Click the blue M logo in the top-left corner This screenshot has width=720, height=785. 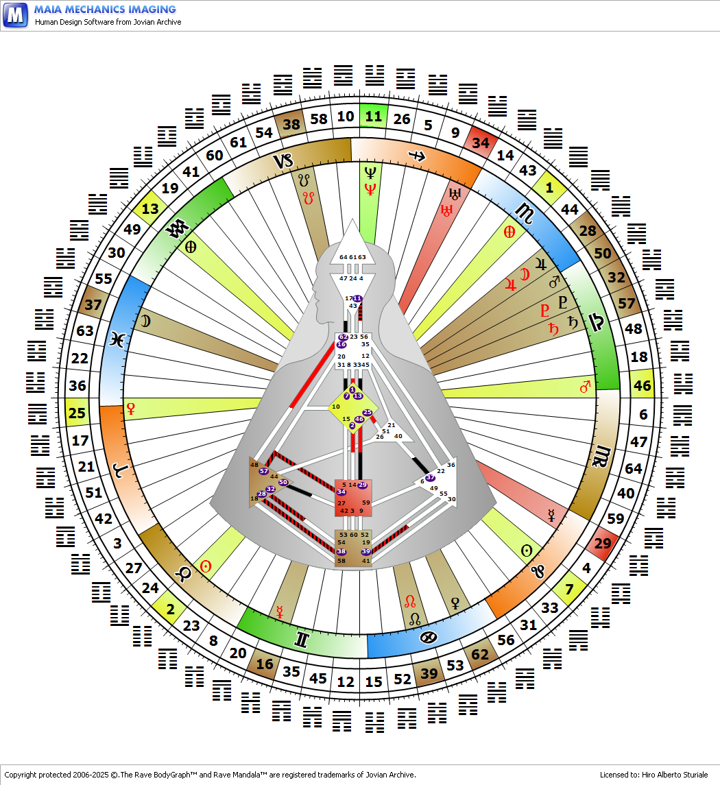[x=15, y=14]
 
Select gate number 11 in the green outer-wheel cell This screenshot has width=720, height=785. [x=374, y=116]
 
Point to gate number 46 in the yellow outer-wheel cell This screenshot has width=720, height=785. [x=642, y=385]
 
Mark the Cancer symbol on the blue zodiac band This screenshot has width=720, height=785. [x=428, y=638]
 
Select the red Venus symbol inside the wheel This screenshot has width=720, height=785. [x=130, y=409]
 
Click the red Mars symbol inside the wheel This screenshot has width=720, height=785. [x=585, y=388]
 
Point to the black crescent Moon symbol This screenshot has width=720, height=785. [x=145, y=320]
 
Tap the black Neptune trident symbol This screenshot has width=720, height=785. [x=370, y=172]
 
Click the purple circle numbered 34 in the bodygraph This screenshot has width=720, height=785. [x=341, y=492]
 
